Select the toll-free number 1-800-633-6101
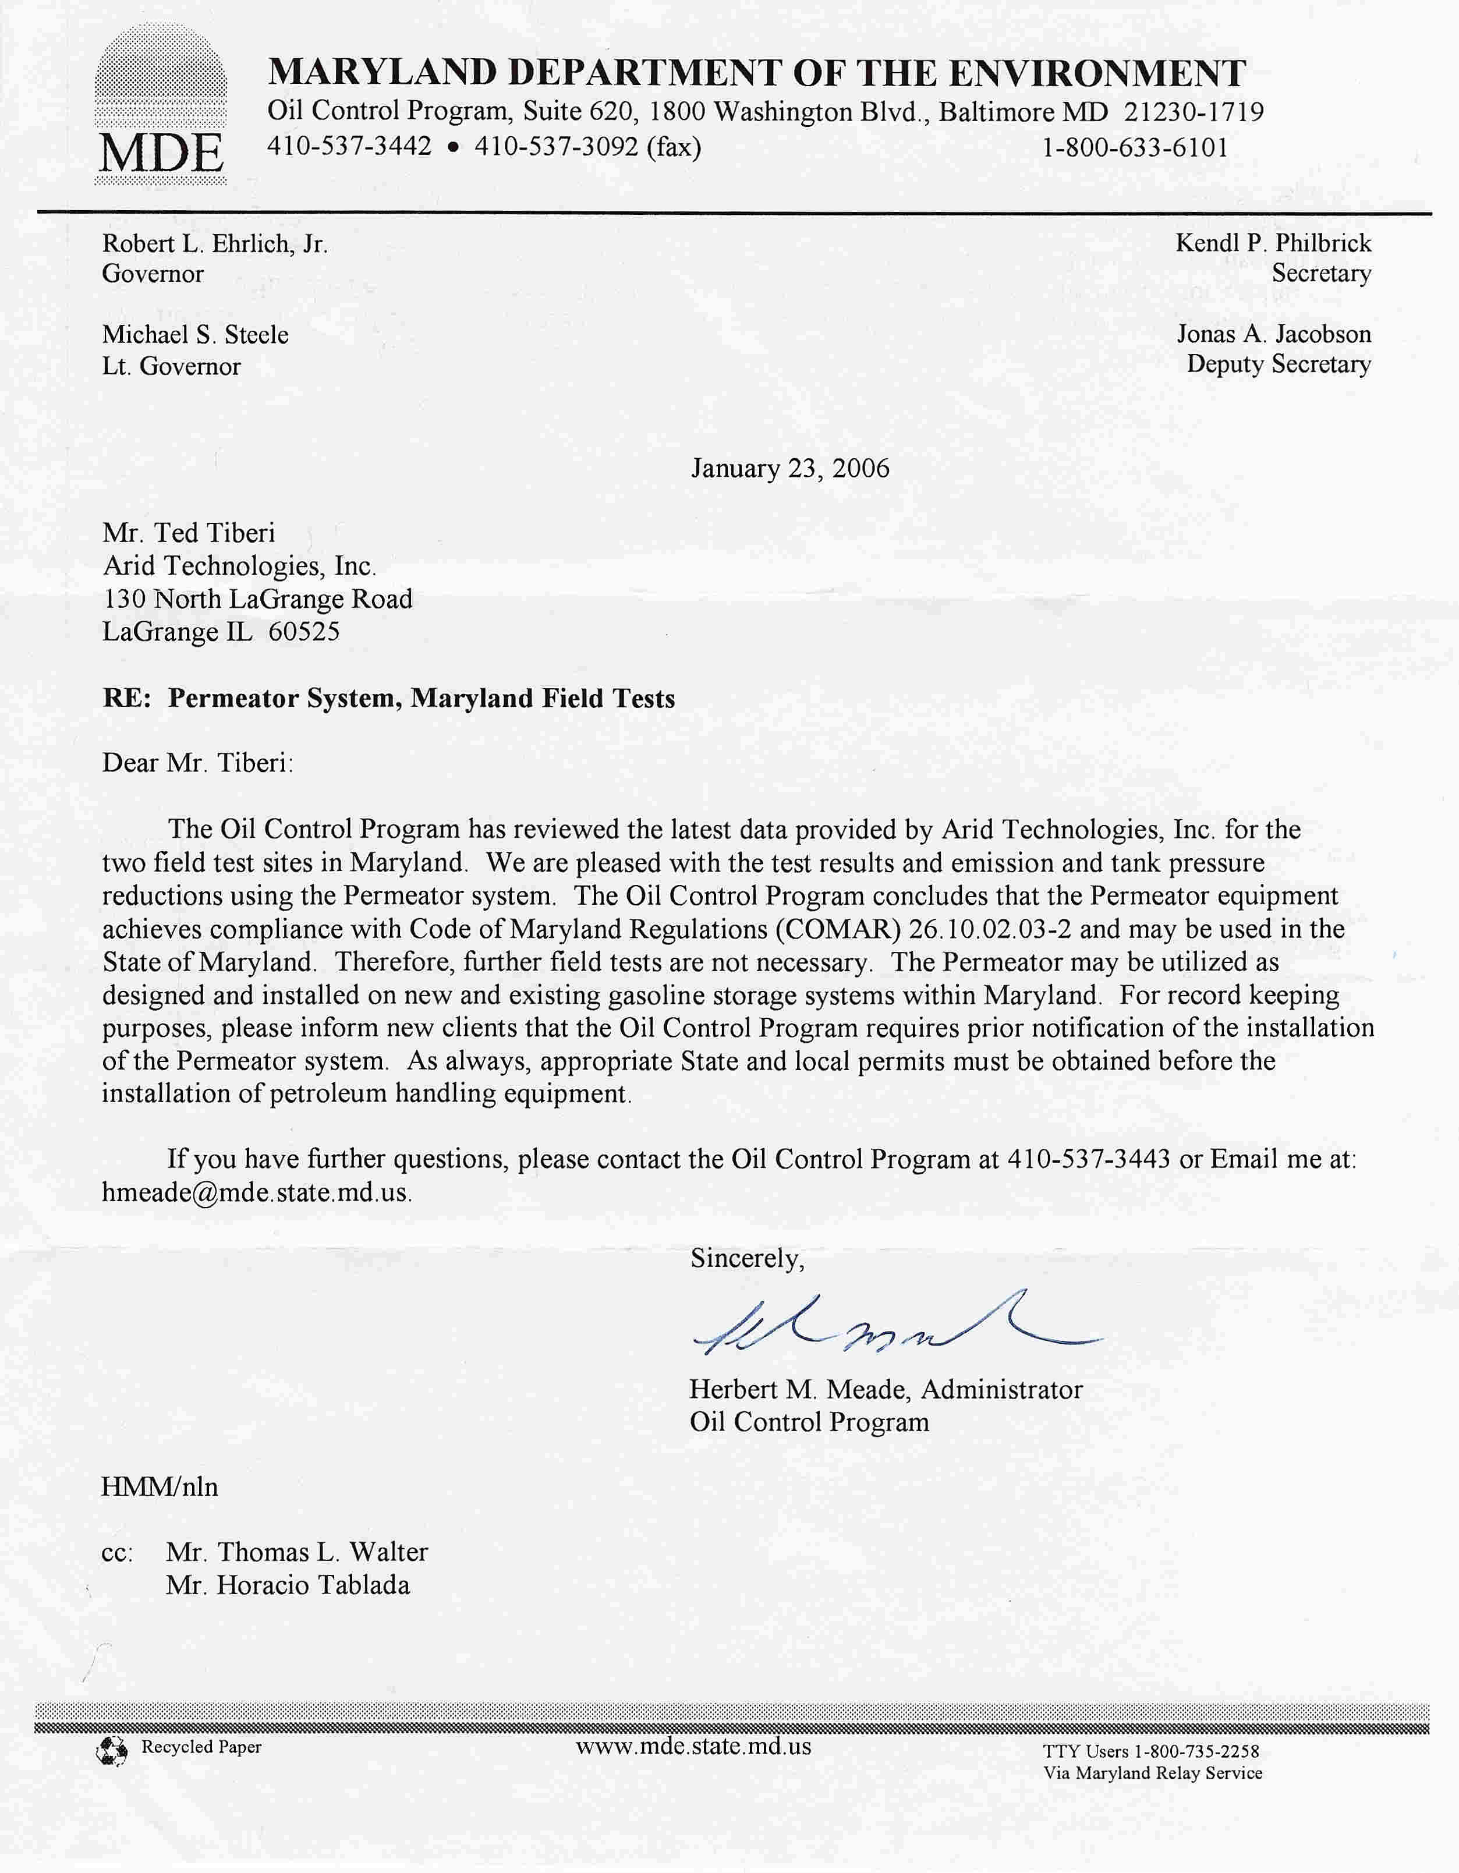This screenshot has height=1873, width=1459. [1135, 147]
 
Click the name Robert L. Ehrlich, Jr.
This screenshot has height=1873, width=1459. [214, 245]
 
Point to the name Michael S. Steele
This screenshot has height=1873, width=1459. [196, 334]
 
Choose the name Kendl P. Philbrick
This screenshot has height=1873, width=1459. [1273, 243]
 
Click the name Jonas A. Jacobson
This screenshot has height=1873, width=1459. [1274, 334]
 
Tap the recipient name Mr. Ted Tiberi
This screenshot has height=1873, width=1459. [189, 533]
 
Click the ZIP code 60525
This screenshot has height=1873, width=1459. [304, 632]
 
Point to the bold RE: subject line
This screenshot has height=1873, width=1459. [388, 698]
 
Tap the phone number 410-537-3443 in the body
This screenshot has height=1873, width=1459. [1089, 1159]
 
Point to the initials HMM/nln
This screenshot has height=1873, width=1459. [160, 1486]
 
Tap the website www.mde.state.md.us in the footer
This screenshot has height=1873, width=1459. [693, 1747]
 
